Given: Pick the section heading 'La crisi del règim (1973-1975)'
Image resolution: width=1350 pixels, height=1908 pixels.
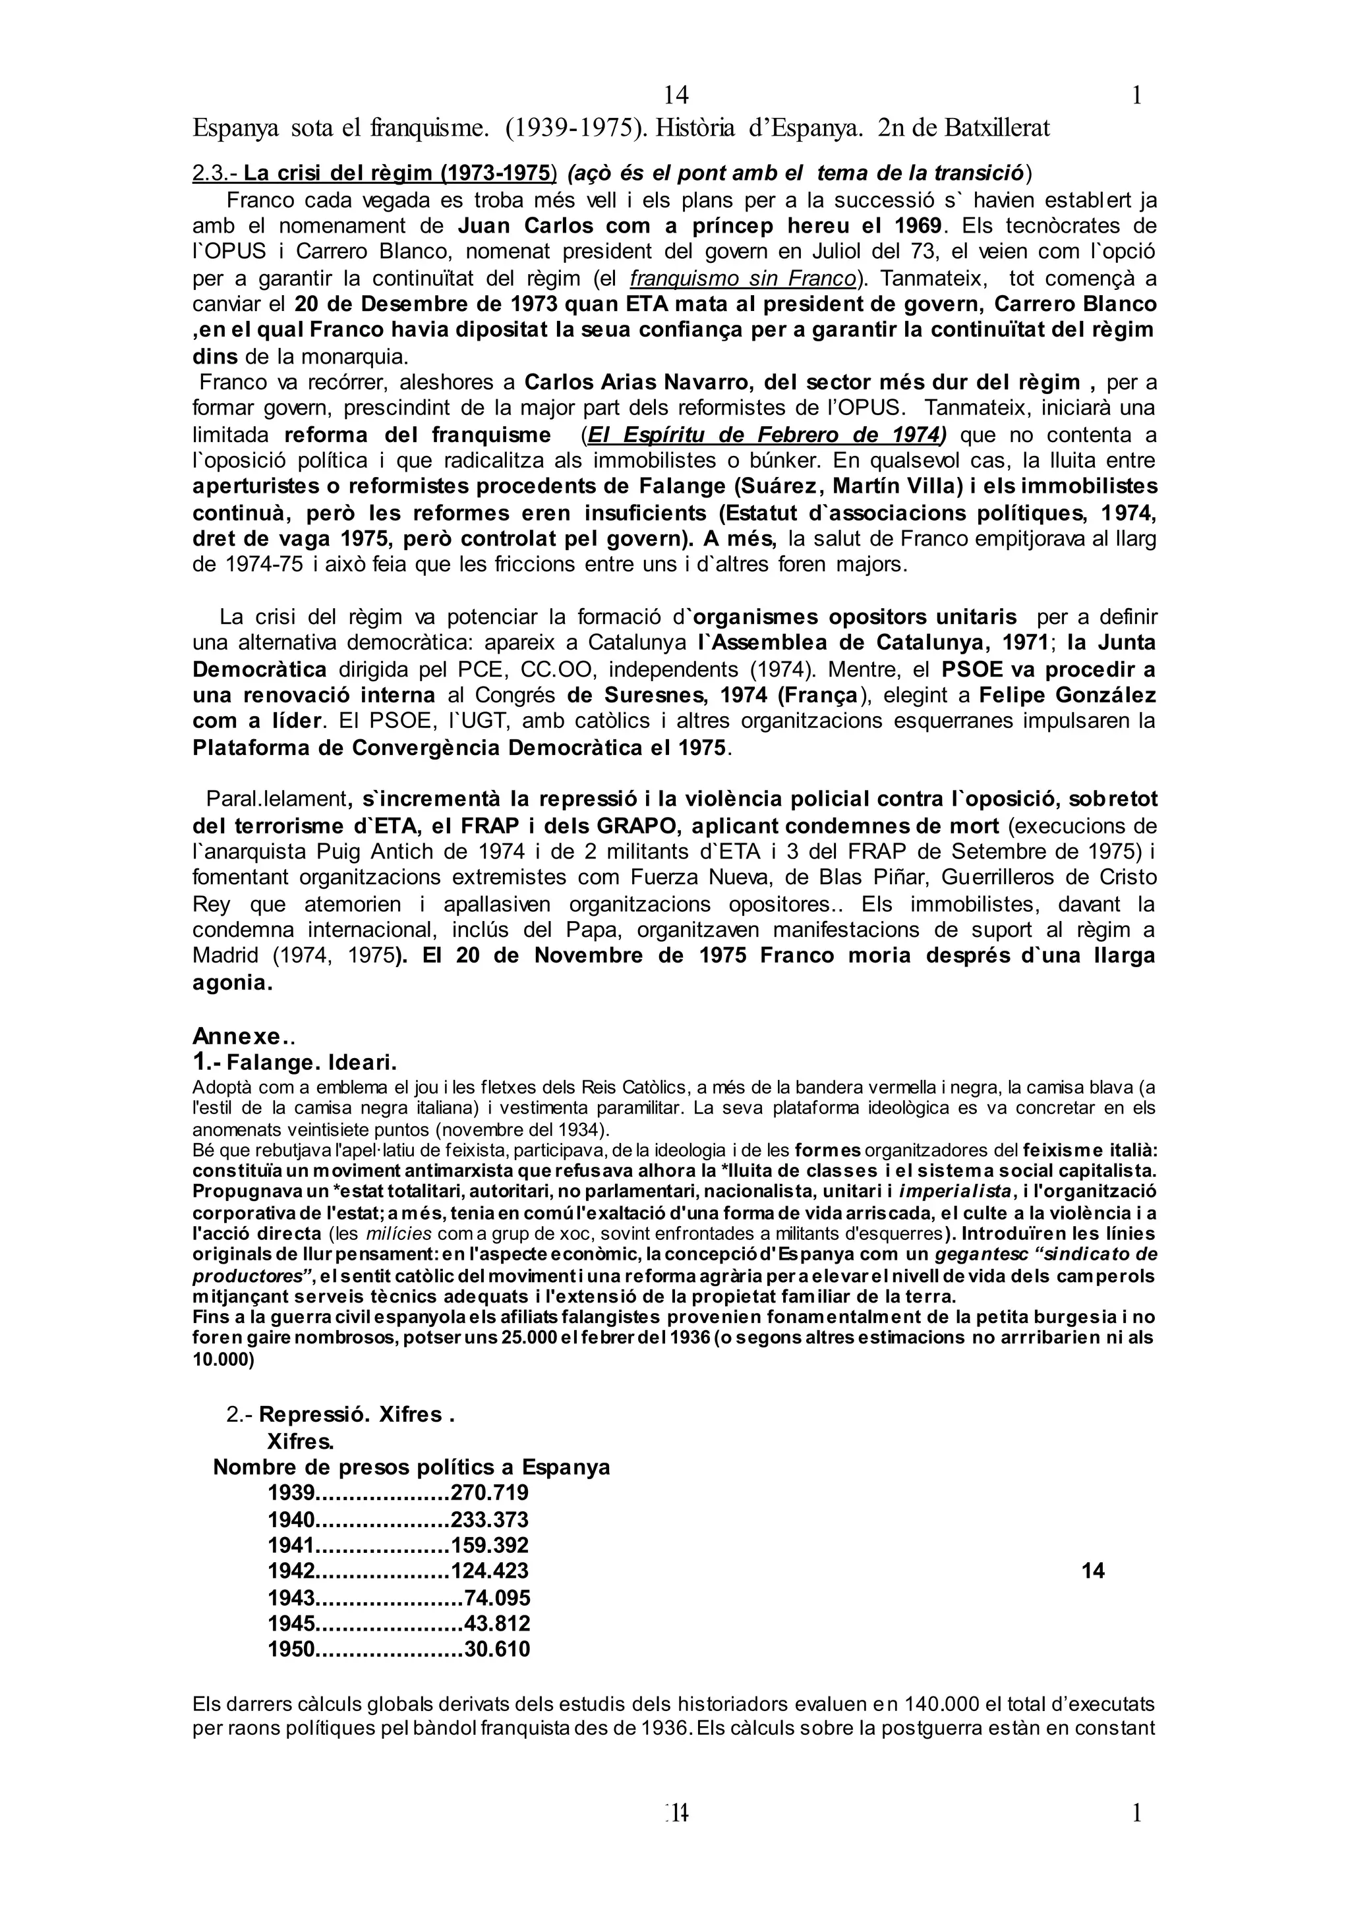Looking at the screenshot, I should (x=399, y=174).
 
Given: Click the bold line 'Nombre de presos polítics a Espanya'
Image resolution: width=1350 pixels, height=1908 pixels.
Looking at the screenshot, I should (x=411, y=1467).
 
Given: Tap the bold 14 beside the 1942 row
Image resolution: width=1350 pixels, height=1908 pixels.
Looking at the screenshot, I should (x=1093, y=1571).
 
